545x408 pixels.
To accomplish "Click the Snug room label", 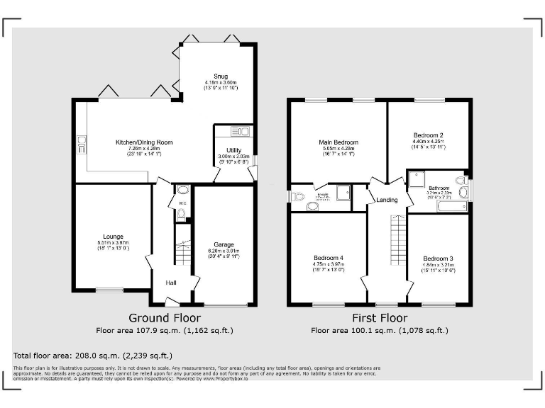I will tap(221, 76).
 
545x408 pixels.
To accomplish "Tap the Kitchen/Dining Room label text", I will tap(144, 142).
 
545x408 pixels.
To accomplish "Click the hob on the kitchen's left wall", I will tap(80, 145).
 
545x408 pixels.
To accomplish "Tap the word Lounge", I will tap(113, 237).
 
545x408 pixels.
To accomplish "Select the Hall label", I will tap(171, 283).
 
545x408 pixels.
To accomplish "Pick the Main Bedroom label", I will tap(338, 142).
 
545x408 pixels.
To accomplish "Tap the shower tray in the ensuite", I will tap(343, 192).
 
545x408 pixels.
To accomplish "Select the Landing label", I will tap(387, 200).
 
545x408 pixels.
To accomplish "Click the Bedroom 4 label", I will tap(329, 257).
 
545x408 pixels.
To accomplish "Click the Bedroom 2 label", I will tap(429, 135).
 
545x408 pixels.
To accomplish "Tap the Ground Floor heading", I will tap(165, 318).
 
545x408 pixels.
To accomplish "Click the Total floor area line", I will tap(93, 355).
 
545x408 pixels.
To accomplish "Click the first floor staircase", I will tap(397, 241).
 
